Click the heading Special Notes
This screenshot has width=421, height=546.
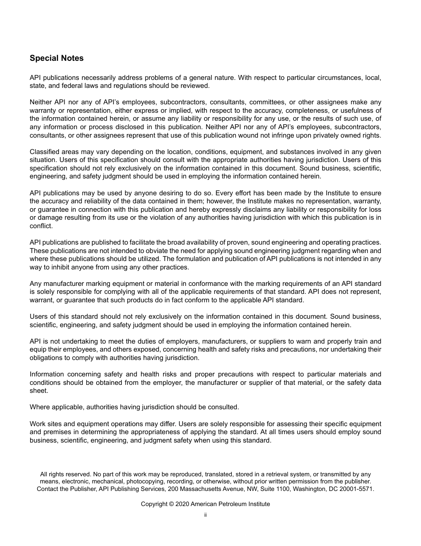tap(56, 58)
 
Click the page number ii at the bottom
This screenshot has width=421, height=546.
tap(205, 515)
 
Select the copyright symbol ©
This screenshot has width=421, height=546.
tap(171, 504)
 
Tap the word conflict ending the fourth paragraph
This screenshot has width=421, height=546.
tap(41, 226)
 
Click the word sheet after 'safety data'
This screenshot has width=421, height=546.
tap(39, 391)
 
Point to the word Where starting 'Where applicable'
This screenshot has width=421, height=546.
tap(39, 407)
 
